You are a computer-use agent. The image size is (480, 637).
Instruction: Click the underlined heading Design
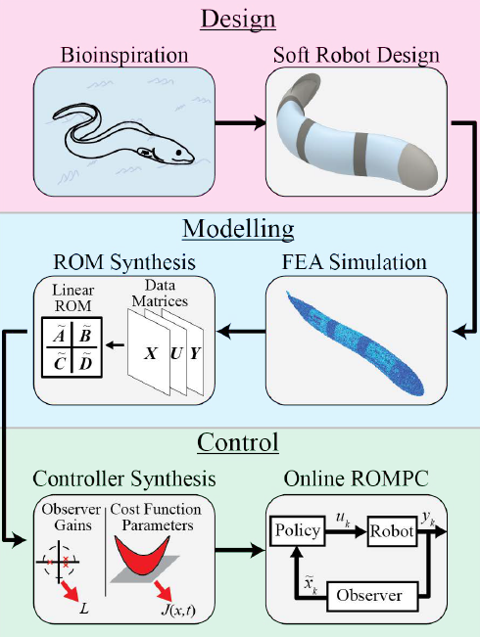pos(240,19)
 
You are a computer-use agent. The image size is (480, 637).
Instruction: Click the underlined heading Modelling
pos(240,231)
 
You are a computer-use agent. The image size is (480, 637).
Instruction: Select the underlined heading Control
pos(239,443)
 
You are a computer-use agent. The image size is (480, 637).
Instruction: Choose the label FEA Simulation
pos(357,262)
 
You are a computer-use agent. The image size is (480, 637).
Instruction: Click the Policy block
pos(299,531)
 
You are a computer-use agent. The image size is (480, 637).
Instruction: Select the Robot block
pos(392,531)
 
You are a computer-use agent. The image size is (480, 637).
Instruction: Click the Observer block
pos(370,594)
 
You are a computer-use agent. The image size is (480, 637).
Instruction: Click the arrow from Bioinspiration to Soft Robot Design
pos(241,124)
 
